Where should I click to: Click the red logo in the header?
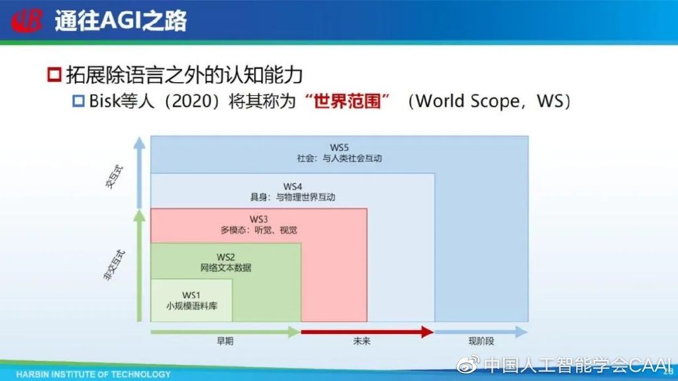coord(26,21)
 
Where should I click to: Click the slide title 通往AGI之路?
coord(121,21)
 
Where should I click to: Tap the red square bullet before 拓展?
coord(54,75)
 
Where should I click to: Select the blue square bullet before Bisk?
coord(78,101)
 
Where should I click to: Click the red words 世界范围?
coord(347,101)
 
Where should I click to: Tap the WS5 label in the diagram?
coord(339,148)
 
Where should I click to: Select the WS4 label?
coord(292,187)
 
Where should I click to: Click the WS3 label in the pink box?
coord(259,220)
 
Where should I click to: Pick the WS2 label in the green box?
coord(226,257)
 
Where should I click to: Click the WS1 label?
coord(191,295)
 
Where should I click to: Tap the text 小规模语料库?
coord(191,306)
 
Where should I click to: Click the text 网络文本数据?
coord(226,268)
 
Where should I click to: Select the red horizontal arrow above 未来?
coord(367,332)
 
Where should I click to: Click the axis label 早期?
coord(225,341)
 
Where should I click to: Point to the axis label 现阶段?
coord(481,341)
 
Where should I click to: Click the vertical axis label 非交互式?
coord(114,265)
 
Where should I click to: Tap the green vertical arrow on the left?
coord(139,266)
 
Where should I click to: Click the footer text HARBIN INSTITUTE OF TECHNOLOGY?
coord(93,374)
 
